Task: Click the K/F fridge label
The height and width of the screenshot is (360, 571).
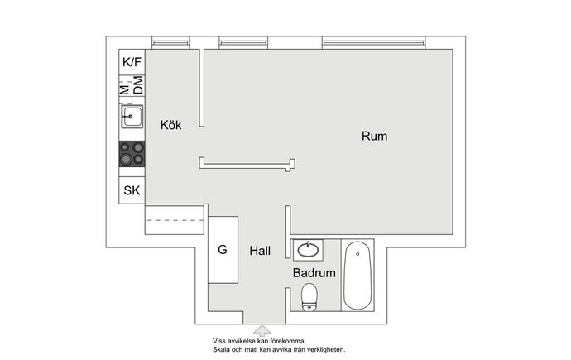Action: pos(132,62)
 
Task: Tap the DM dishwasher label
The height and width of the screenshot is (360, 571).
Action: pos(138,85)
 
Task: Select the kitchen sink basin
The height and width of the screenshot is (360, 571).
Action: pos(132,117)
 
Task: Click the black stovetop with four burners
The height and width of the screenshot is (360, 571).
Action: pos(132,154)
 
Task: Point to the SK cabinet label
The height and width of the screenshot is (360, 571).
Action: pos(132,190)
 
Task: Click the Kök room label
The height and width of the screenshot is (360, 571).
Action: pos(170,125)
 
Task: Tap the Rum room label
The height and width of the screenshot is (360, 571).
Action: pos(374,136)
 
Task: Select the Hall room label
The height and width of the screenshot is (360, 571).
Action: pos(260,251)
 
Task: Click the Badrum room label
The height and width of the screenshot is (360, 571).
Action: pos(314,273)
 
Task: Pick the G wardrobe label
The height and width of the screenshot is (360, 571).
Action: pos(223,250)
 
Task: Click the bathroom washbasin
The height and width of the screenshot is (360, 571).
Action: pos(308,250)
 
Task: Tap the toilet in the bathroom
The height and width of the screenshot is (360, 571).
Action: pos(309,297)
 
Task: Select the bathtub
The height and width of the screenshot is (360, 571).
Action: pos(357,276)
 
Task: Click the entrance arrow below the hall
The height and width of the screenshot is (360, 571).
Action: pos(262,330)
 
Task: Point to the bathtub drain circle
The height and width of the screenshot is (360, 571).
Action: pos(357,254)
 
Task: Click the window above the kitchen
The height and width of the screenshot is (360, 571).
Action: pos(170,42)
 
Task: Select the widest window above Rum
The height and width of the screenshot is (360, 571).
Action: pos(373,42)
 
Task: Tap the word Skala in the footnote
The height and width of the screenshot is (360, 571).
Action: pos(221,350)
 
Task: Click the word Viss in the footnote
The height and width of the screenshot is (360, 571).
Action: pos(219,342)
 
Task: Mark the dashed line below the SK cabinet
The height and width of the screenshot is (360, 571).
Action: pos(175,220)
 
